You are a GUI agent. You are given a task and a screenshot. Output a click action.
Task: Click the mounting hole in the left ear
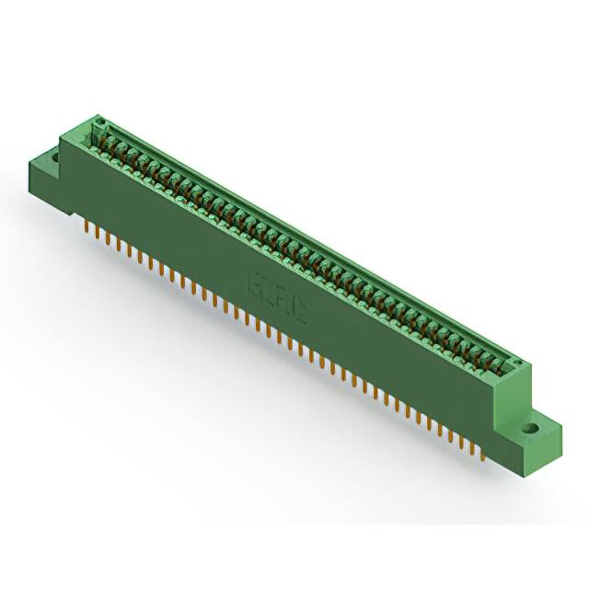click(x=53, y=157)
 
